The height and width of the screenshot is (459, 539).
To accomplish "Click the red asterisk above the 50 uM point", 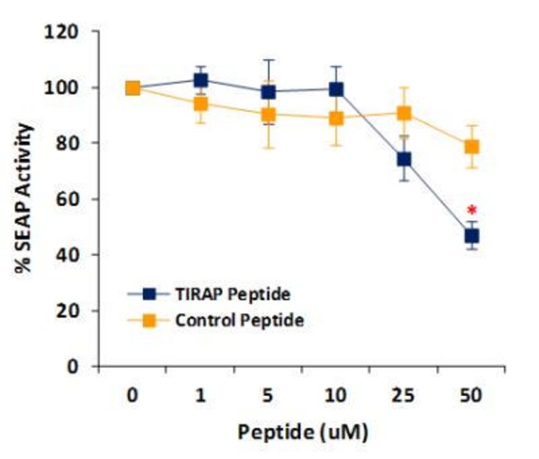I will [472, 210].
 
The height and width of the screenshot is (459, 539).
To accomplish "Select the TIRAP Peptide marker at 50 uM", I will [472, 236].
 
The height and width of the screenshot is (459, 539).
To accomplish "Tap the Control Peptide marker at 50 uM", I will [472, 147].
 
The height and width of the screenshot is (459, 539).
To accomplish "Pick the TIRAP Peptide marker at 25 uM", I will [404, 159].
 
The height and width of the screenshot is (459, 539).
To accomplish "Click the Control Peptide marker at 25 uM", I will [404, 114].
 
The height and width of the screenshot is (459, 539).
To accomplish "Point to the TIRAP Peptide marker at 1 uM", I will [200, 80].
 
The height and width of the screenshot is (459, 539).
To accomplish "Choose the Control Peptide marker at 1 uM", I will [200, 104].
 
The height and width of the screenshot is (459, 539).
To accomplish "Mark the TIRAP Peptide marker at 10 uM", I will [336, 89].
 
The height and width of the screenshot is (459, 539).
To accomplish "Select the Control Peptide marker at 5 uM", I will [268, 114].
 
